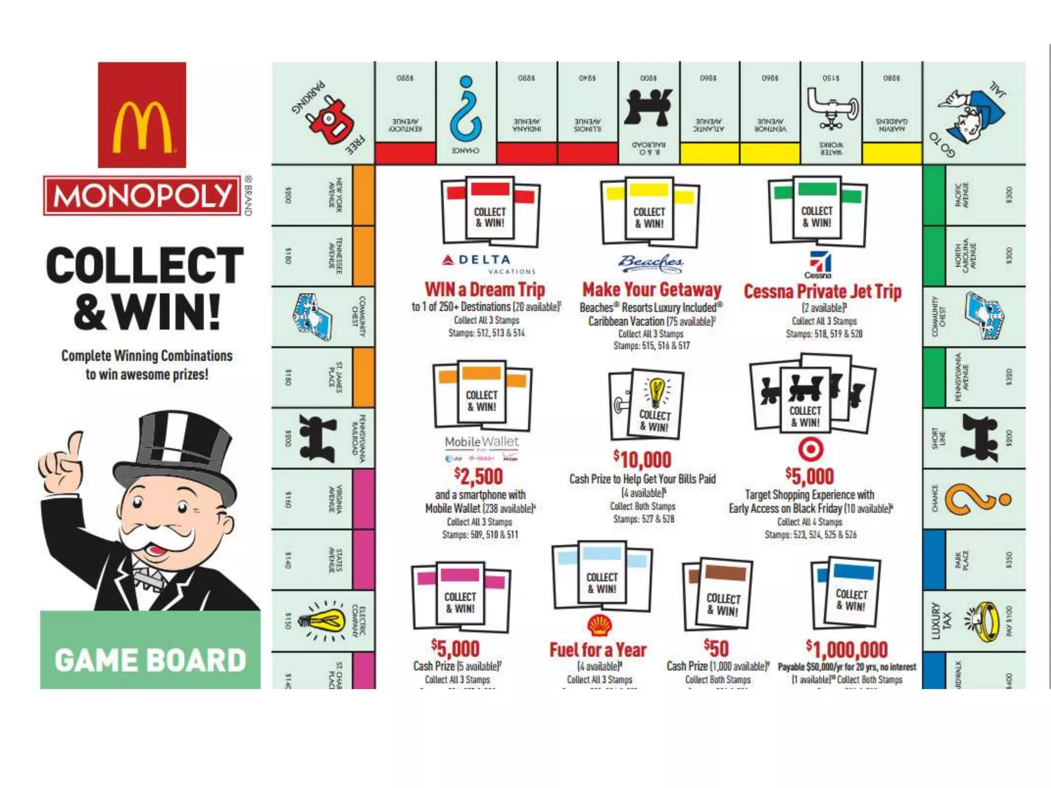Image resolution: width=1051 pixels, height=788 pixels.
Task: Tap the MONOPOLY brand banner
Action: [x=142, y=195]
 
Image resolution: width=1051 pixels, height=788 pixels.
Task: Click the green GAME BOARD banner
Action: [x=150, y=660]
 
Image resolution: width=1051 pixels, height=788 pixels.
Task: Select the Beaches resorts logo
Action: [x=650, y=263]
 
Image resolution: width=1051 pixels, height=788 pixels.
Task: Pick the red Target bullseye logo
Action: [x=811, y=449]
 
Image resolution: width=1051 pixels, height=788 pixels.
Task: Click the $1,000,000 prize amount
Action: [x=847, y=649]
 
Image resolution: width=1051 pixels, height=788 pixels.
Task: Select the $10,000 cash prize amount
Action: [x=643, y=460]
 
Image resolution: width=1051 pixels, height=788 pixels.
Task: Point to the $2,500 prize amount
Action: [x=478, y=477]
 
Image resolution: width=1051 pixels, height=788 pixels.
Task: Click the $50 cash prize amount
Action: [x=716, y=648]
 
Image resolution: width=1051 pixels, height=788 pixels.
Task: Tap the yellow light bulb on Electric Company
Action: [x=323, y=621]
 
